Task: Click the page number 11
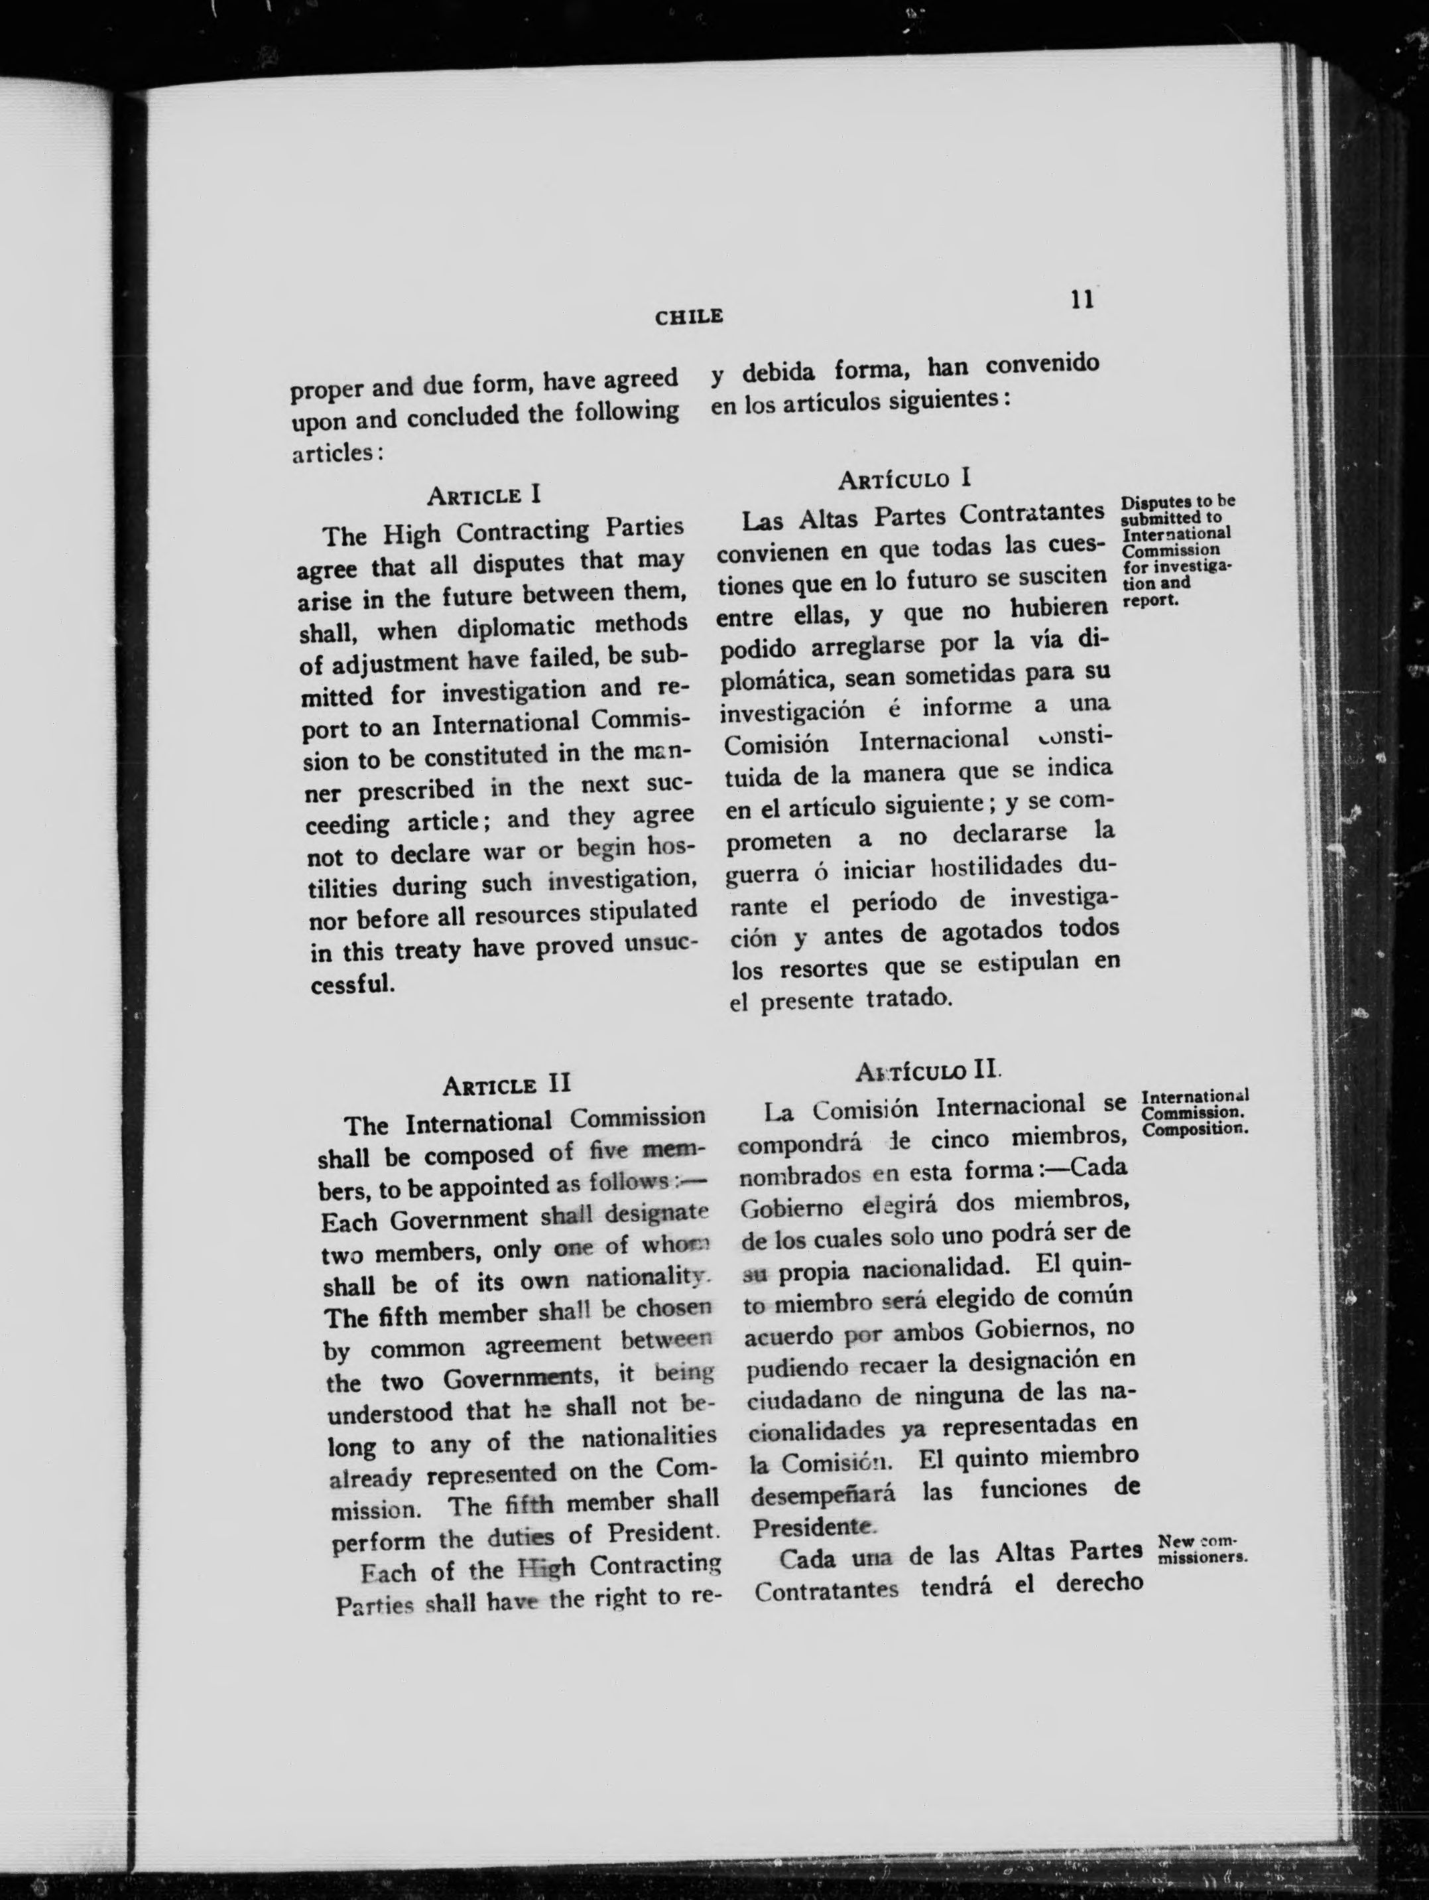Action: point(1081,300)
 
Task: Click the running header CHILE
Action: point(689,317)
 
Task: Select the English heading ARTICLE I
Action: point(483,496)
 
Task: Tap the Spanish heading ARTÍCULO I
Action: point(904,478)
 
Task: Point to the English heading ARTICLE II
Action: point(507,1084)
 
